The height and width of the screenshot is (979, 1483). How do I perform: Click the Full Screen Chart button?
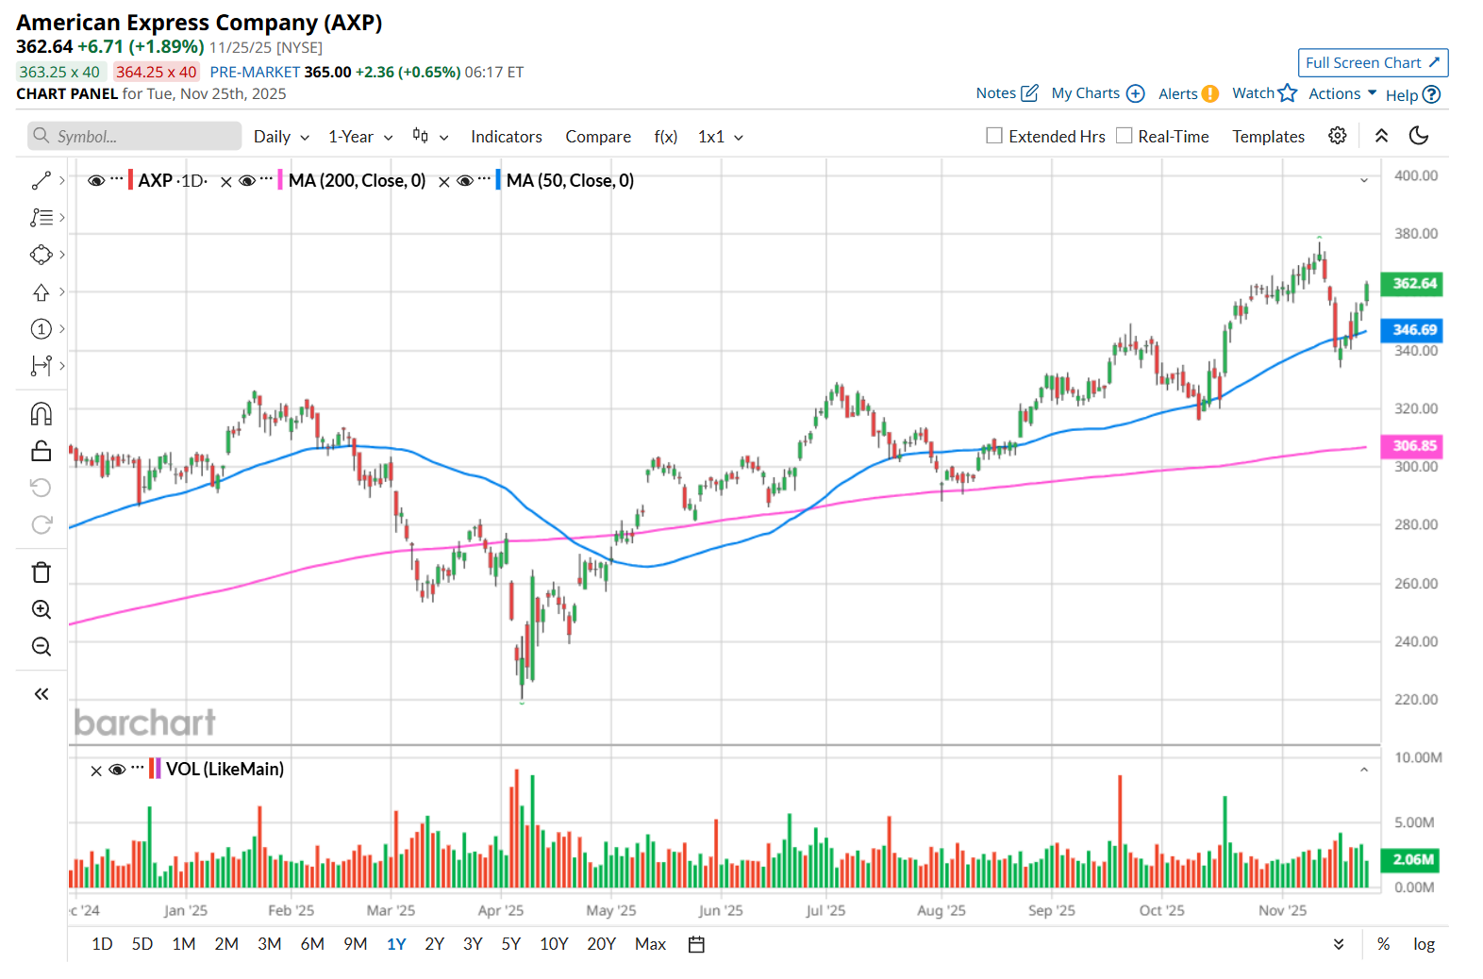(x=1372, y=63)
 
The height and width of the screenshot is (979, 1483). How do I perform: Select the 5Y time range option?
(x=510, y=944)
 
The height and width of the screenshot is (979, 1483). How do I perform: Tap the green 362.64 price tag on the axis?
(x=1413, y=284)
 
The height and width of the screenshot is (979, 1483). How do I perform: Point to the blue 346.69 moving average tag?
(x=1413, y=330)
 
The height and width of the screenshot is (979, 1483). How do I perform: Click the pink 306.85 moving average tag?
(x=1413, y=446)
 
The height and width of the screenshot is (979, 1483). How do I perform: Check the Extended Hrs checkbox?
(x=994, y=136)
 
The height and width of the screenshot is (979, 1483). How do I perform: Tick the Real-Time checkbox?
(x=1124, y=136)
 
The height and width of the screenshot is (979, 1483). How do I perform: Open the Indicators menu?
(x=506, y=137)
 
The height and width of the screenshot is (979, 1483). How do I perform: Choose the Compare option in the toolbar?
(x=598, y=137)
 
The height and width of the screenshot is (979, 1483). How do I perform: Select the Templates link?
(x=1268, y=137)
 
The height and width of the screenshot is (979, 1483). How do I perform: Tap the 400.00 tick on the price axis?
(x=1415, y=175)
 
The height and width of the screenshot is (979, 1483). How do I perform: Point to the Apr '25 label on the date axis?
(x=500, y=910)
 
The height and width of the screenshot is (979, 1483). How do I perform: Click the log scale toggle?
(x=1424, y=944)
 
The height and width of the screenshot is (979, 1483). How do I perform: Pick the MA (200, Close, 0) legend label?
(x=357, y=180)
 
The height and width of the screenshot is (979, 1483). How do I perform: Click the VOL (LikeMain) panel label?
(x=225, y=769)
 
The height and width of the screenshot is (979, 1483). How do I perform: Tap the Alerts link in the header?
(x=1178, y=93)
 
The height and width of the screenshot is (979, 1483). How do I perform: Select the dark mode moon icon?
(x=1418, y=136)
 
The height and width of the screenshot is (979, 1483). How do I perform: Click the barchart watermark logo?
(x=144, y=722)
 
